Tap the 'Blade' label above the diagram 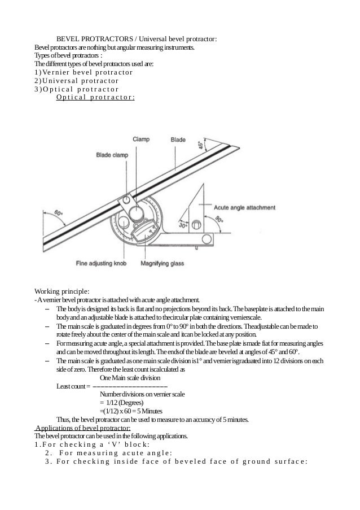pyautogui.click(x=178, y=139)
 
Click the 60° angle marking pyautogui.click(x=58, y=214)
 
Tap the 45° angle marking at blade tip pyautogui.click(x=200, y=145)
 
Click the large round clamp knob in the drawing pyautogui.click(x=135, y=214)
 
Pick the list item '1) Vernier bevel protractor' pyautogui.click(x=84, y=72)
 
